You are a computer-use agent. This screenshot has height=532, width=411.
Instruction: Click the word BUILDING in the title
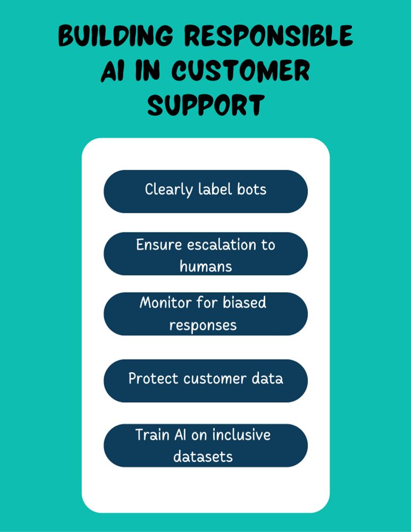click(115, 35)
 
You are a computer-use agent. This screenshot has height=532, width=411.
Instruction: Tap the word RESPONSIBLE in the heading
click(269, 35)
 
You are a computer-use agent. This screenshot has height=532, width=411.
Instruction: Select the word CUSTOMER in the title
click(241, 71)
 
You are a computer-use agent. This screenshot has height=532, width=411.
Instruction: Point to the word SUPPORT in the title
click(206, 105)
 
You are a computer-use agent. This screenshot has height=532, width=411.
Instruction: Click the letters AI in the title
click(113, 71)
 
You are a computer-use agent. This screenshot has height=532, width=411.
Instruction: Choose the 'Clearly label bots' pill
click(206, 192)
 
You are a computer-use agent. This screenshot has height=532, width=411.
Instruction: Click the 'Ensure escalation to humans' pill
click(206, 254)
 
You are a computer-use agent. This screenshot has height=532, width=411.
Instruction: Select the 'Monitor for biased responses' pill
click(206, 314)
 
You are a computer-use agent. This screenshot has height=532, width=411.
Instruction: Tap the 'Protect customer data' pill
click(206, 381)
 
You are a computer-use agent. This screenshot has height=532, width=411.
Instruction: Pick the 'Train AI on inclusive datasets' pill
click(206, 445)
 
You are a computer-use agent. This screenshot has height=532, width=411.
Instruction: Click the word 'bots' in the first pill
click(251, 189)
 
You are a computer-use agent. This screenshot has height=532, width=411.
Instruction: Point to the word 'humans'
click(206, 266)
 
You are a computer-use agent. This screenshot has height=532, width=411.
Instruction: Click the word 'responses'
click(203, 326)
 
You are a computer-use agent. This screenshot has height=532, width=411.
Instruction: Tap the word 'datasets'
click(203, 456)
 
